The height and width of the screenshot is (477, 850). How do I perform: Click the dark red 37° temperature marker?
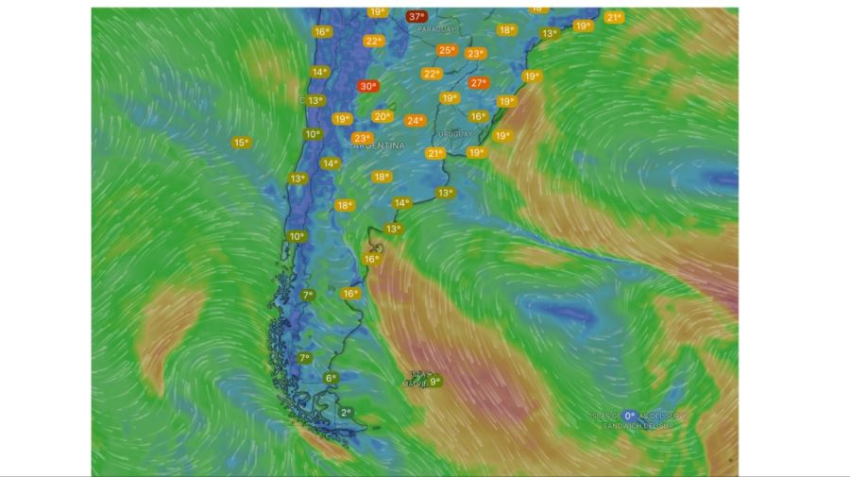pos(416,16)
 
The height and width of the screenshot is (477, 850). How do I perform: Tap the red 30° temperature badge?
pos(367,86)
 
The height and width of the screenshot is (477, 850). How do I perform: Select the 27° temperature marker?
pos(478,83)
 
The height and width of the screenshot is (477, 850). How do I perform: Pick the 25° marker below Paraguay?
pos(447,50)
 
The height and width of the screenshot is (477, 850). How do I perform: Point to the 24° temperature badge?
pos(415,120)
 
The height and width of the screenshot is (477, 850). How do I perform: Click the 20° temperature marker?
pos(382,116)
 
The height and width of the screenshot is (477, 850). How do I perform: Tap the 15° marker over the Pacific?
pos(241,143)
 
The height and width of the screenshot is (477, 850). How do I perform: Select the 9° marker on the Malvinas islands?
pos(433,382)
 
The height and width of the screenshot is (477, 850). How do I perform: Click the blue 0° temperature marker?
pos(630,416)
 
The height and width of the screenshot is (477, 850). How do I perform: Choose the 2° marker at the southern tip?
pos(346,412)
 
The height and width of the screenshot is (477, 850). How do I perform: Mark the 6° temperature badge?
pos(331,378)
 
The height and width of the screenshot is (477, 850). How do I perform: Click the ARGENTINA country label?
pos(379,146)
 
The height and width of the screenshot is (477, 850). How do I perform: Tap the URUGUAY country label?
pos(455,134)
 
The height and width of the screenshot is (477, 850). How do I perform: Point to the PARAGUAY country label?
pos(436,30)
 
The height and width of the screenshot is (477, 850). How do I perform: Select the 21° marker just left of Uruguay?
pos(434,153)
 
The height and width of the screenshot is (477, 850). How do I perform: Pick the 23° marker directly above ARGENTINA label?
pos(362,138)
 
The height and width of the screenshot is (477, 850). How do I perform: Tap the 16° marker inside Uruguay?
pos(478,116)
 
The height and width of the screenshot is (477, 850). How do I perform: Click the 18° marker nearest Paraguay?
pos(506,30)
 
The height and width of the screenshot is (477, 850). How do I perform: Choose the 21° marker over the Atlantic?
pos(614,17)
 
